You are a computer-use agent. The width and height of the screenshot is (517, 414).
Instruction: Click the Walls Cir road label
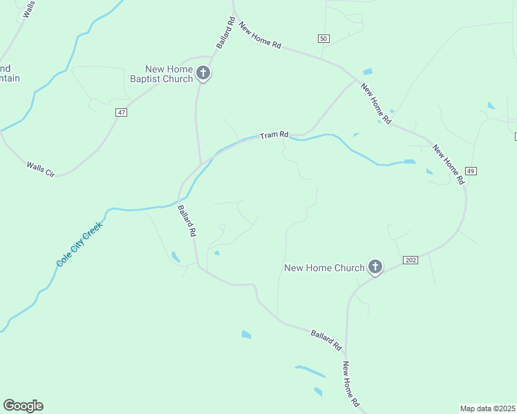tap(40, 168)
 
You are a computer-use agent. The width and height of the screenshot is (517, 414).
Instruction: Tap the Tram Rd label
tap(274, 136)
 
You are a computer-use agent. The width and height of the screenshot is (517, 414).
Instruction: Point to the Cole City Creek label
tap(79, 244)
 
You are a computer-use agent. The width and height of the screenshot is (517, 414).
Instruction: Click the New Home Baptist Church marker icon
tap(203, 72)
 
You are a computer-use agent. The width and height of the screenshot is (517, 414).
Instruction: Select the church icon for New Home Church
tap(375, 266)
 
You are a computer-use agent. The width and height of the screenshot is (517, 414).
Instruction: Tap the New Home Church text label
tap(324, 268)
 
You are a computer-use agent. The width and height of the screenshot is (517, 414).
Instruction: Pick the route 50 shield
tap(323, 38)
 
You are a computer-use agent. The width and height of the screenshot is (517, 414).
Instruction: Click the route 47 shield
tap(122, 112)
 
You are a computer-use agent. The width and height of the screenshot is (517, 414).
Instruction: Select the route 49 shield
tap(471, 170)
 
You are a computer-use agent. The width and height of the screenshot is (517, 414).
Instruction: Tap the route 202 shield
tap(410, 259)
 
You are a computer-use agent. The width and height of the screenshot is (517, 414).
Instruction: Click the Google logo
tap(23, 406)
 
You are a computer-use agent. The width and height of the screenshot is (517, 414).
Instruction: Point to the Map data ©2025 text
tap(488, 408)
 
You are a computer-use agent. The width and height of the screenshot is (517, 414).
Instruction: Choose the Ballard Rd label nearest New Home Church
tap(326, 337)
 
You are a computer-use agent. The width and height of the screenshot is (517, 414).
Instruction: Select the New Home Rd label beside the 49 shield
tap(448, 164)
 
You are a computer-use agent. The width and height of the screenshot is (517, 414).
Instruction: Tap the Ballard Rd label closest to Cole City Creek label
tap(187, 221)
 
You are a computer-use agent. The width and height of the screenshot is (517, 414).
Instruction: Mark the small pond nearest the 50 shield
tap(367, 72)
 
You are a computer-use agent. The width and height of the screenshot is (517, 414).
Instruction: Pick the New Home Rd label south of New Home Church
tap(351, 384)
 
